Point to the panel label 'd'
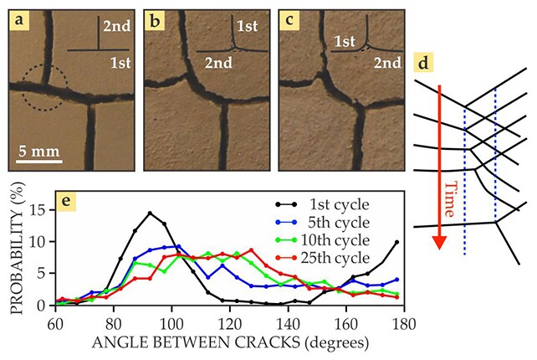426,64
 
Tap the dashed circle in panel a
41,88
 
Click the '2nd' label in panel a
115,27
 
